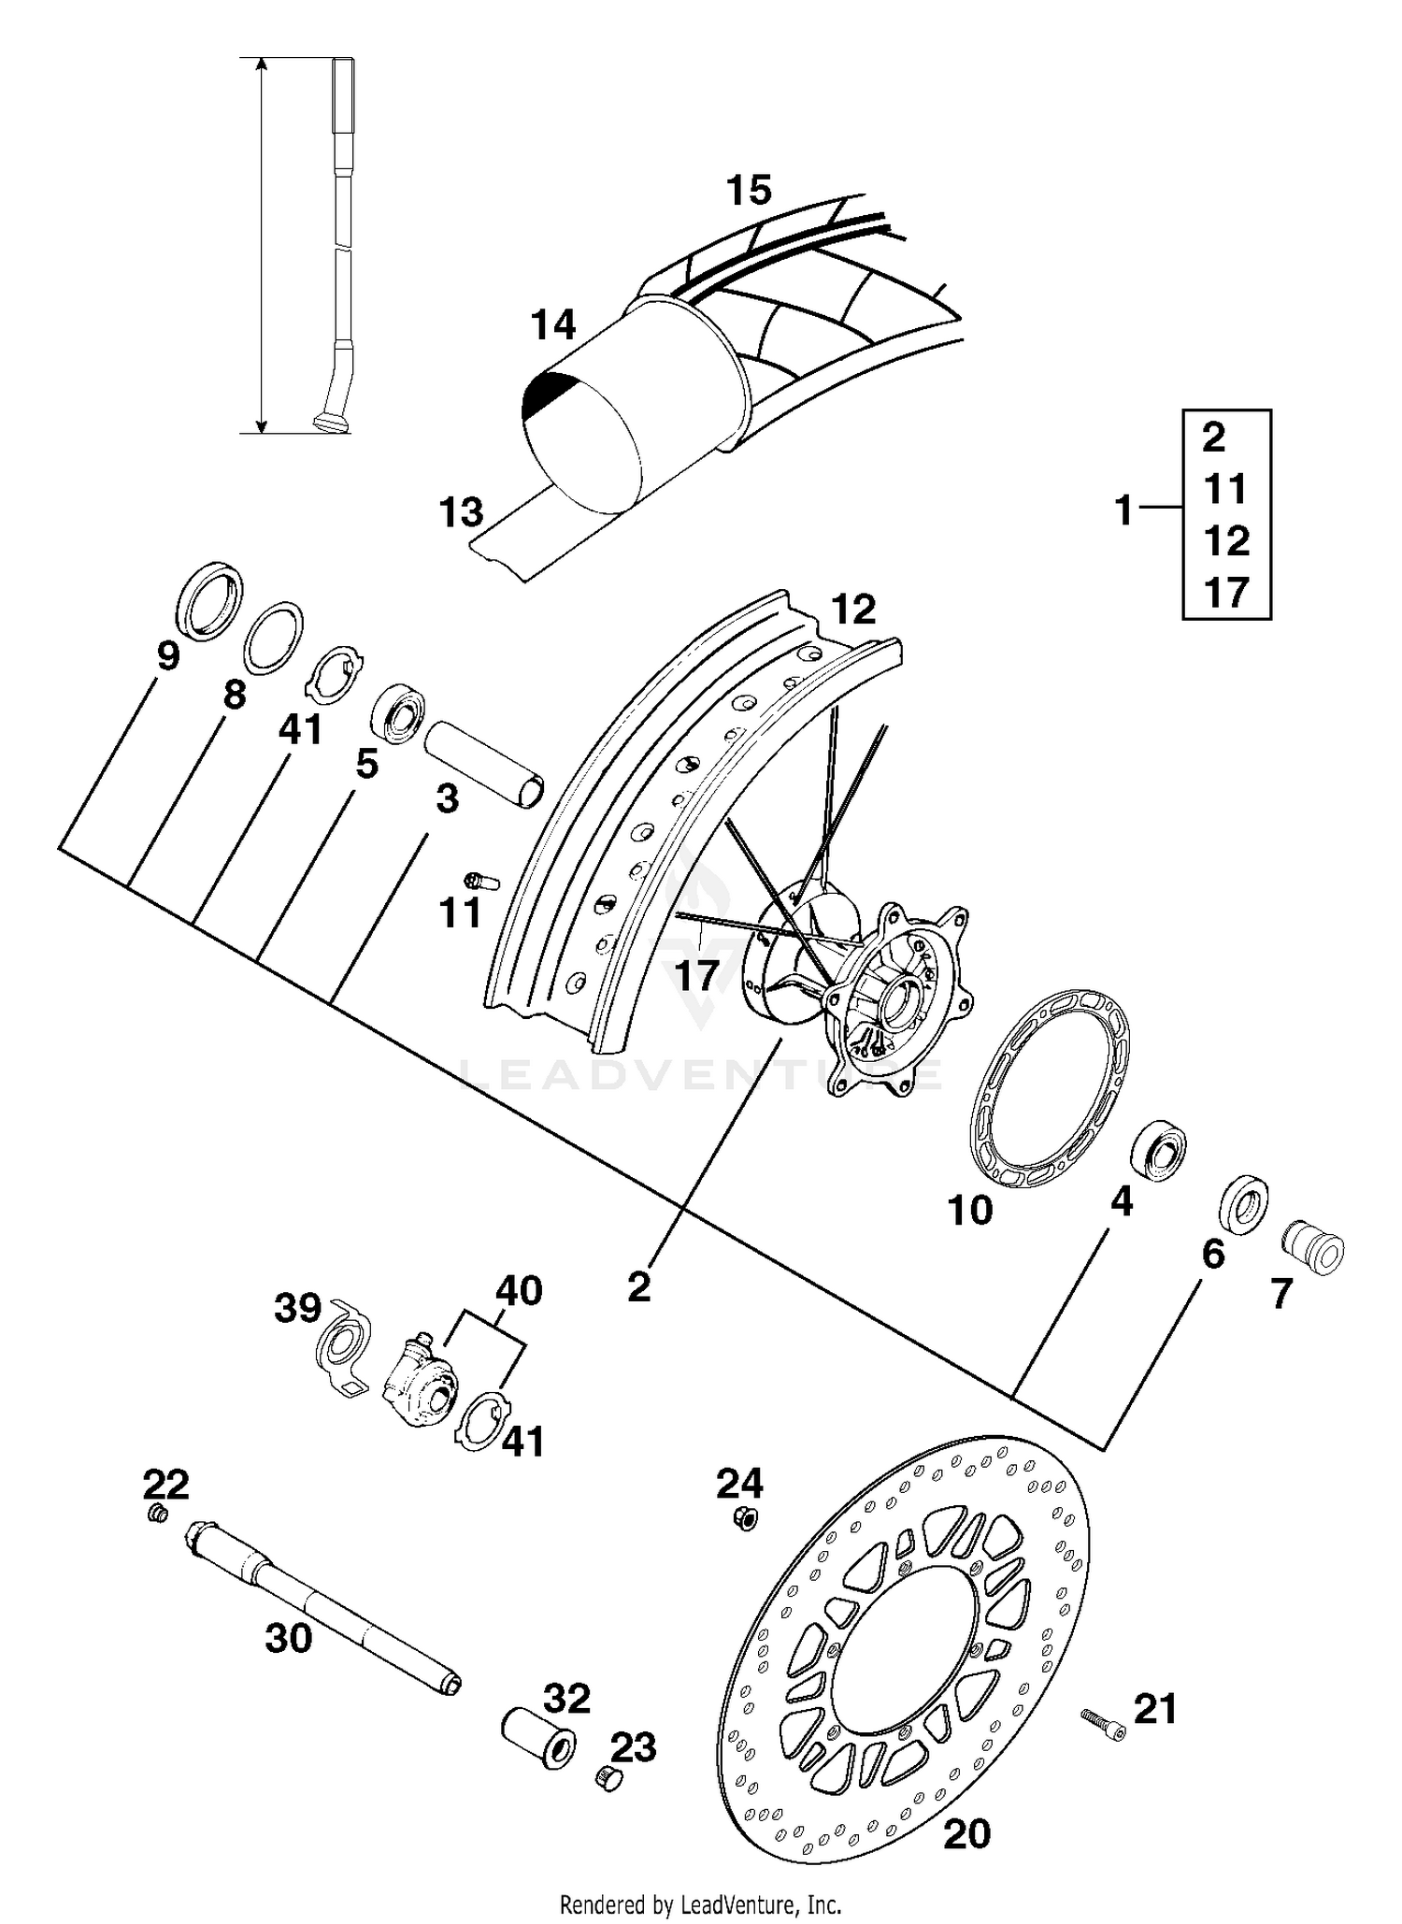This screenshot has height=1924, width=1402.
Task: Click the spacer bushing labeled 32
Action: click(x=539, y=1735)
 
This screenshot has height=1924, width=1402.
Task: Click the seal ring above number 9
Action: click(x=209, y=601)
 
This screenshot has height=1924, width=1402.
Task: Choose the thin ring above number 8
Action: click(x=273, y=638)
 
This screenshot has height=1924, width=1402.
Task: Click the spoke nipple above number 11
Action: click(x=481, y=881)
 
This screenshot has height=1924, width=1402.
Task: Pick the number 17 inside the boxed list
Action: click(x=1226, y=592)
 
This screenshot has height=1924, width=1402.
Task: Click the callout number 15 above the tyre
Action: click(x=749, y=190)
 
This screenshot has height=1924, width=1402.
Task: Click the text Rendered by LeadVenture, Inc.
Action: click(x=700, y=1903)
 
